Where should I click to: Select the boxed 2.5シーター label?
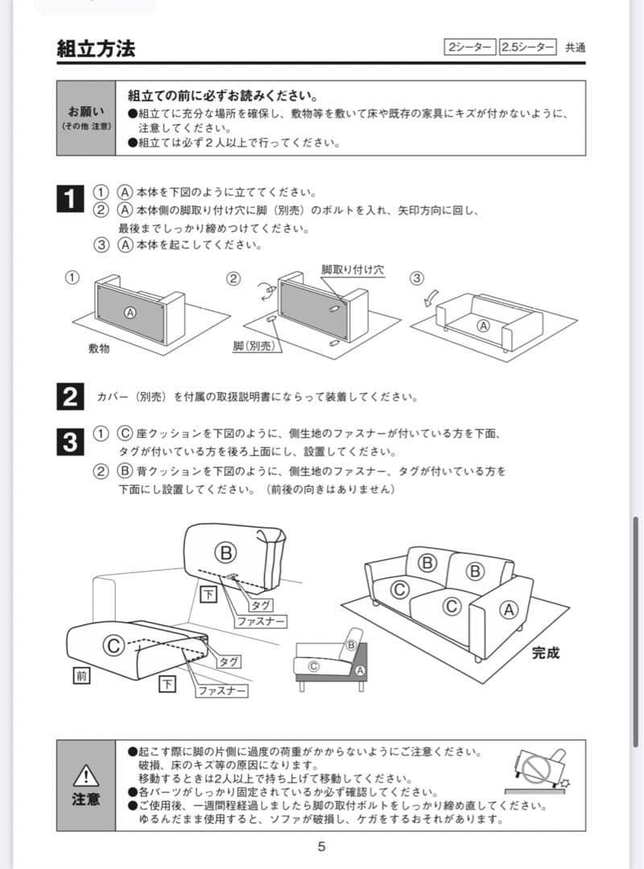point(527,47)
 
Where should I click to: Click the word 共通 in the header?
point(575,47)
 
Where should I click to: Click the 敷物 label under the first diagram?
point(99,348)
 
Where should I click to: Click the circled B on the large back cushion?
point(226,552)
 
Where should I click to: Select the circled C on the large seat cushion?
point(114,644)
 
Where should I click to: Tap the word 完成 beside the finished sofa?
point(545,653)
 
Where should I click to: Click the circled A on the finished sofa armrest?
point(508,608)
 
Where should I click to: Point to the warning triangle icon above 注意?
point(85,776)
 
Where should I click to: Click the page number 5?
point(321,846)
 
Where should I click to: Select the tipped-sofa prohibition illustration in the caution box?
point(538,769)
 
